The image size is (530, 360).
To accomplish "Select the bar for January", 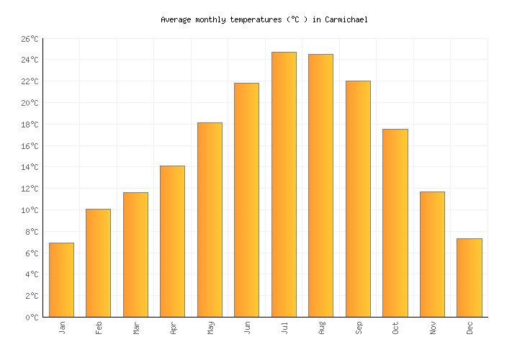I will click(61, 280).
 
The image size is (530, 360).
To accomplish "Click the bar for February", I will click(98, 263).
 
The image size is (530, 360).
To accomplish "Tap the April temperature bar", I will click(172, 241).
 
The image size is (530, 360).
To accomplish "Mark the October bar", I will click(395, 223).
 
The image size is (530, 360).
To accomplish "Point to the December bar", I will click(469, 278).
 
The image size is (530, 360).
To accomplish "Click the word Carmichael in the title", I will click(346, 20).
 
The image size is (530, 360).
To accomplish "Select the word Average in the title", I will click(176, 20).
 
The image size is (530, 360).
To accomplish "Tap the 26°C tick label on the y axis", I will click(29, 39).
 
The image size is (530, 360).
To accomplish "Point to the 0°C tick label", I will click(31, 318).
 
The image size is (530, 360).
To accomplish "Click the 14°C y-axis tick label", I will click(29, 167).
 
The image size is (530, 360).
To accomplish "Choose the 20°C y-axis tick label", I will click(29, 103).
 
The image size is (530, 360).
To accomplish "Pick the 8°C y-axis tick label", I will click(31, 232).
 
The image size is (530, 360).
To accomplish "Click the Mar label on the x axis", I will click(136, 328).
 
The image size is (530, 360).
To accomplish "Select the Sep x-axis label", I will click(359, 328).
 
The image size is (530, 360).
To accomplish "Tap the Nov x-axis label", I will click(433, 328).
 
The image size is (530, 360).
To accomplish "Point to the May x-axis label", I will click(210, 328).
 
